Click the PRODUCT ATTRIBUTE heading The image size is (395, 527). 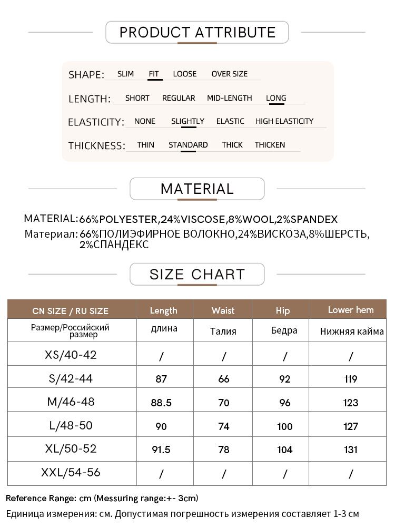click(197, 32)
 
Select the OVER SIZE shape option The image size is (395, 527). click(229, 74)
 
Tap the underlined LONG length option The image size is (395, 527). click(276, 98)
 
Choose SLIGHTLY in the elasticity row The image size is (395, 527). click(187, 121)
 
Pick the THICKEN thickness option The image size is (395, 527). click(270, 145)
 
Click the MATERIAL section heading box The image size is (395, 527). click(197, 189)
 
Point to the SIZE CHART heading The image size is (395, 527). click(197, 274)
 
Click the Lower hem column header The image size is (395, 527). click(350, 310)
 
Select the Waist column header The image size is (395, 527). click(223, 310)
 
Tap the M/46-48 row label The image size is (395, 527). click(71, 402)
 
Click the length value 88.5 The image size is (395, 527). click(161, 403)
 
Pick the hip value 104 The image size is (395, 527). click(284, 450)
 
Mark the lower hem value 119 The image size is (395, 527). click(350, 379)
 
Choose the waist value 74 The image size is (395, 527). click(223, 426)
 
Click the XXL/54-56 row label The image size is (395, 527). click(71, 473)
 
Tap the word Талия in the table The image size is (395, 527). click(223, 331)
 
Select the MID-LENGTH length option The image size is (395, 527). click(229, 98)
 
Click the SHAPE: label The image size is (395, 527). click(86, 75)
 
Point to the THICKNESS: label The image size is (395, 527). click(96, 145)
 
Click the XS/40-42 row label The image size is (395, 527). click(71, 355)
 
